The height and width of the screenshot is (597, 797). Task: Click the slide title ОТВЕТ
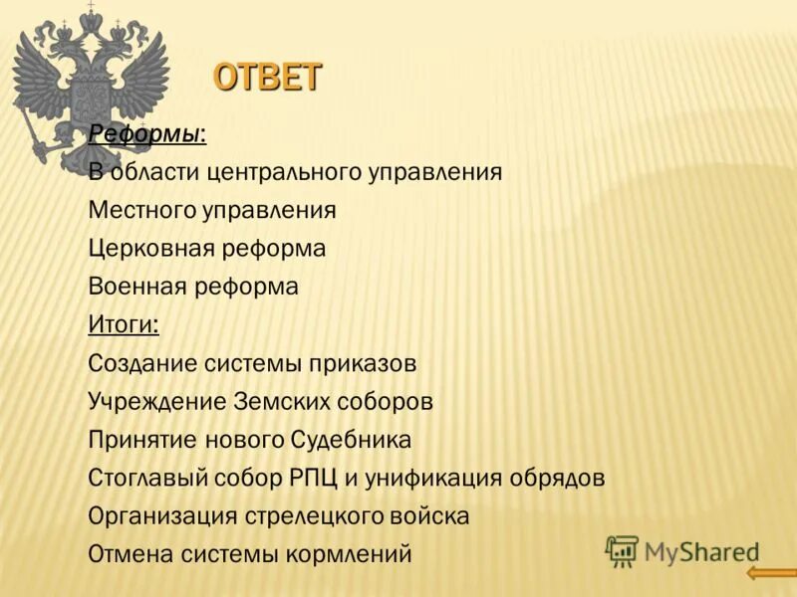268,77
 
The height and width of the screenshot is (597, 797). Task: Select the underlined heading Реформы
146,133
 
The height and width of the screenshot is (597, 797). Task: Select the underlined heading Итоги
123,325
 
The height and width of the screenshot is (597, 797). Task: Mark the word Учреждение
157,402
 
